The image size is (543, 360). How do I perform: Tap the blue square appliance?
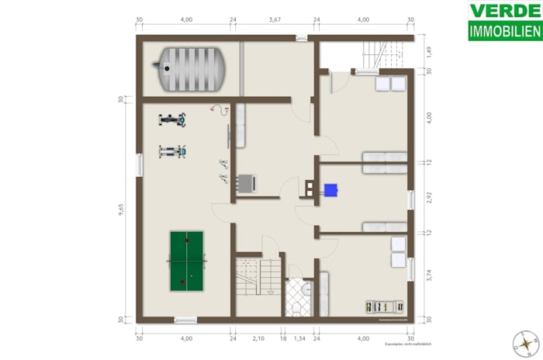coord(332,189)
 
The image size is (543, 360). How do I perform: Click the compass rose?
coord(527,341)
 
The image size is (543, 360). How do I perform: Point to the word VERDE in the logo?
coord(505,11)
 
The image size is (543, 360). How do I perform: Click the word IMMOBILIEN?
coord(505,32)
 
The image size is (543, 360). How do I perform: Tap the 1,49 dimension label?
coord(428,54)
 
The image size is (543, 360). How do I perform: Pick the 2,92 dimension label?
coord(428,197)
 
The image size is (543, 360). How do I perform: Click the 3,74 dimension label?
coord(428,275)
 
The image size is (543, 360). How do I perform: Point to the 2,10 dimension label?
coord(259,339)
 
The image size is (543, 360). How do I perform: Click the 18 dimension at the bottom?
coord(284,339)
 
